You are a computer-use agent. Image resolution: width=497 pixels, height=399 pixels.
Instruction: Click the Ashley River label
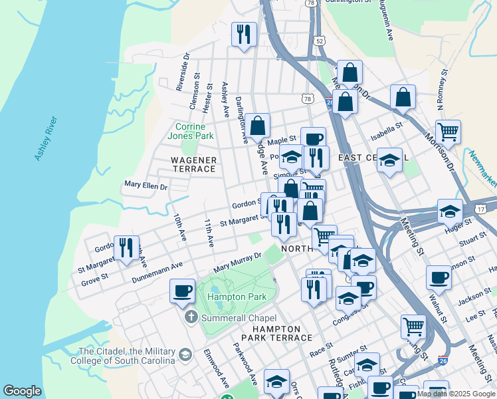[46, 139]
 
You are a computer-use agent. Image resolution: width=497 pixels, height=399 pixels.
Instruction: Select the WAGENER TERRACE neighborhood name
[193, 164]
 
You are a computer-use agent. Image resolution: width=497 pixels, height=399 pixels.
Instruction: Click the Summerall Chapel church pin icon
[192, 316]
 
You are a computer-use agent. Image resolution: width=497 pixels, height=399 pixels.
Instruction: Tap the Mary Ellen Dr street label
[146, 186]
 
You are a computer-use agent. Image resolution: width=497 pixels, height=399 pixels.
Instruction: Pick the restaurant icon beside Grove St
[126, 247]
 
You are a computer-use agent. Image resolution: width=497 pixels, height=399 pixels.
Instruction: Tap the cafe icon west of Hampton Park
[182, 291]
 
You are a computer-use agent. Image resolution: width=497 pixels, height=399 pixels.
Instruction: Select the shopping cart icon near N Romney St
[448, 131]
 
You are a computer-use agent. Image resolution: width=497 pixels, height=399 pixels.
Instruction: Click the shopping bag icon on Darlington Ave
[257, 124]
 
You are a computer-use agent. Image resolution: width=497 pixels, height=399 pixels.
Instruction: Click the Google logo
[22, 391]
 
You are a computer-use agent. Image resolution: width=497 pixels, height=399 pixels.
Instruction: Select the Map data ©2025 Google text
[456, 394]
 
